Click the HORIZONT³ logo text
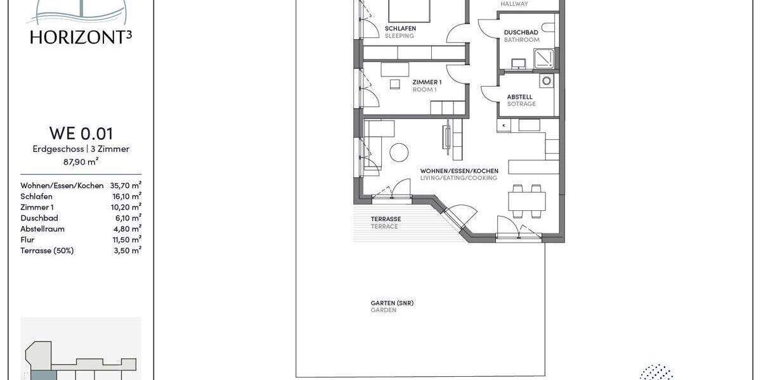[80, 37]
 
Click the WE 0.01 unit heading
[81, 133]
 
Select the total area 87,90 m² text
[81, 161]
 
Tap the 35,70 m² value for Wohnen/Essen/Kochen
[126, 186]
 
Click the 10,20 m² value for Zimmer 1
[126, 207]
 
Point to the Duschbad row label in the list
[39, 218]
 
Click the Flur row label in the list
[27, 239]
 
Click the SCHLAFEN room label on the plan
[400, 29]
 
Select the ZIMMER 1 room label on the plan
[427, 82]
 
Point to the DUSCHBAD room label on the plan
[521, 32]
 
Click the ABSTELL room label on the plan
[519, 97]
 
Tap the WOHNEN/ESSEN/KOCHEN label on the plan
[459, 171]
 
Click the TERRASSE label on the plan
[386, 219]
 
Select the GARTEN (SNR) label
[392, 303]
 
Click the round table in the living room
[399, 153]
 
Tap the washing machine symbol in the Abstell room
[546, 81]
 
